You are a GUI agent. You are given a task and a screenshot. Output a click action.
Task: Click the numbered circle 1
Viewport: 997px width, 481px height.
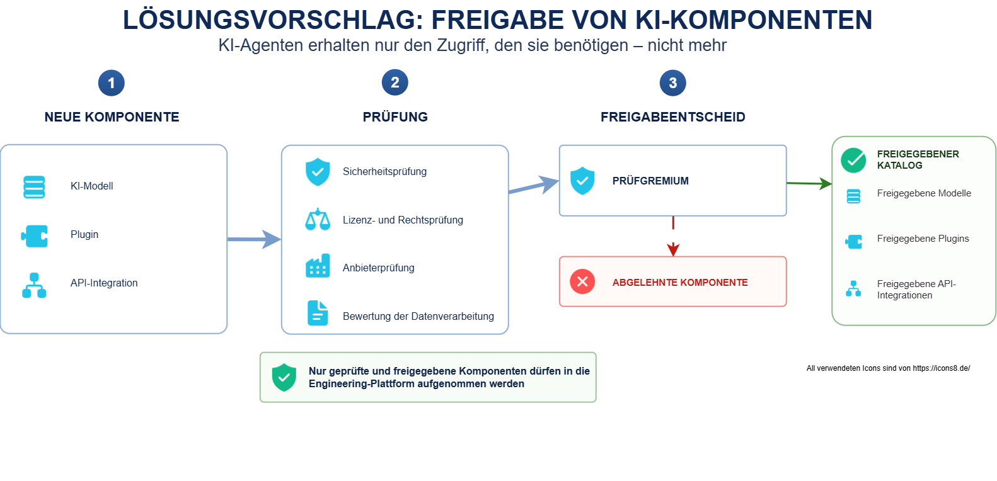pyautogui.click(x=112, y=83)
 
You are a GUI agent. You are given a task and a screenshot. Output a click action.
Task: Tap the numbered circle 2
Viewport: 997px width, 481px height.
pyautogui.click(x=395, y=82)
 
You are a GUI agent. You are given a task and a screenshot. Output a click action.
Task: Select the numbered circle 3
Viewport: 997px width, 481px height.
pyautogui.click(x=673, y=83)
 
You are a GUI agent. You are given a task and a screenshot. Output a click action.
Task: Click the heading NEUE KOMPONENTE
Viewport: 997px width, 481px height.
pyautogui.click(x=112, y=117)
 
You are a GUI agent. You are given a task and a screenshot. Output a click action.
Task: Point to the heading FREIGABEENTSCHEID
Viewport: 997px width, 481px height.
pyautogui.click(x=673, y=117)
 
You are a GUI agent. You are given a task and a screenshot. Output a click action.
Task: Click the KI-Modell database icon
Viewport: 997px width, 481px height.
pyautogui.click(x=34, y=187)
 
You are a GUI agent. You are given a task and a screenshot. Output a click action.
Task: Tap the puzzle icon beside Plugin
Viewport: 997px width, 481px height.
pyautogui.click(x=34, y=236)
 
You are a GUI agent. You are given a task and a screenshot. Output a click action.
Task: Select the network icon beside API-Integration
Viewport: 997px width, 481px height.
pyautogui.click(x=34, y=285)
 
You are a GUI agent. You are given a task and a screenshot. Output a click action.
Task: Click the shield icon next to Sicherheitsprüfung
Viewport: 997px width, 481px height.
pyautogui.click(x=318, y=172)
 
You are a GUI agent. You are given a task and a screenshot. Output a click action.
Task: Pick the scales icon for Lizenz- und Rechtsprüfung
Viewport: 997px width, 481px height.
pyautogui.click(x=318, y=219)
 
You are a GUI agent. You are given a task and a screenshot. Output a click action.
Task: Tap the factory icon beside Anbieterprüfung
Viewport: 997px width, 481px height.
pyautogui.click(x=318, y=266)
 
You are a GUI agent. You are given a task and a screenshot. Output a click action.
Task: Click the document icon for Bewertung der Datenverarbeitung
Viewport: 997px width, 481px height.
pyautogui.click(x=318, y=313)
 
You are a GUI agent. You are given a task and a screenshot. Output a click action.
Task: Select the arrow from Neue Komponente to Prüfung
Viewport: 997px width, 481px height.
pyautogui.click(x=254, y=239)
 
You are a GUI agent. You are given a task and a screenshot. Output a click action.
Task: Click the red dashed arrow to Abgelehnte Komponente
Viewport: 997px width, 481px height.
pyautogui.click(x=674, y=237)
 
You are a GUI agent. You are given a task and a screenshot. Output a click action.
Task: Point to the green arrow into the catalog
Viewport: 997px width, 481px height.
pyautogui.click(x=809, y=183)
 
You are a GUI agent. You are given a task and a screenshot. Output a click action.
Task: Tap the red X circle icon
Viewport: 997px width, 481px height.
pyautogui.click(x=582, y=281)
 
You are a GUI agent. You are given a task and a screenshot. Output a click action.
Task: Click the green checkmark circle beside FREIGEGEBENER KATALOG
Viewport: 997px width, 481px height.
pyautogui.click(x=853, y=160)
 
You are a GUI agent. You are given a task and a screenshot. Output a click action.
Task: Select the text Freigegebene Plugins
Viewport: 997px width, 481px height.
pyautogui.click(x=923, y=239)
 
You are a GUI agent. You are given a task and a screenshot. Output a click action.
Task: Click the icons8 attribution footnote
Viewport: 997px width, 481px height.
pyautogui.click(x=888, y=368)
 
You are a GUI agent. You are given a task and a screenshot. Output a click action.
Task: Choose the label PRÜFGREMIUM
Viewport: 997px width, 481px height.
pyautogui.click(x=650, y=181)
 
